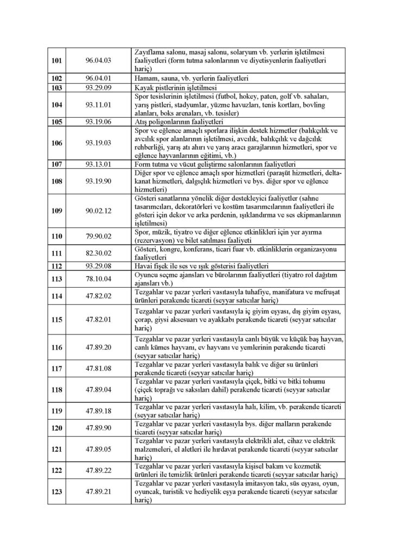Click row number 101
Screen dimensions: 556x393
[56, 60]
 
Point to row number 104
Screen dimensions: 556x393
[56, 104]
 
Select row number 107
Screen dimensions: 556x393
[56, 163]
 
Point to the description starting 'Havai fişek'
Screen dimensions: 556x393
[201, 266]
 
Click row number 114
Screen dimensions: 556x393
[56, 296]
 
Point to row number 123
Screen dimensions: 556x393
[56, 491]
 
